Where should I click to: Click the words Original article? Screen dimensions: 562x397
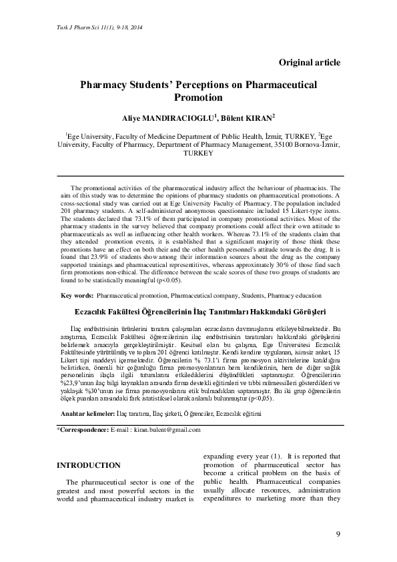click(x=310, y=62)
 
